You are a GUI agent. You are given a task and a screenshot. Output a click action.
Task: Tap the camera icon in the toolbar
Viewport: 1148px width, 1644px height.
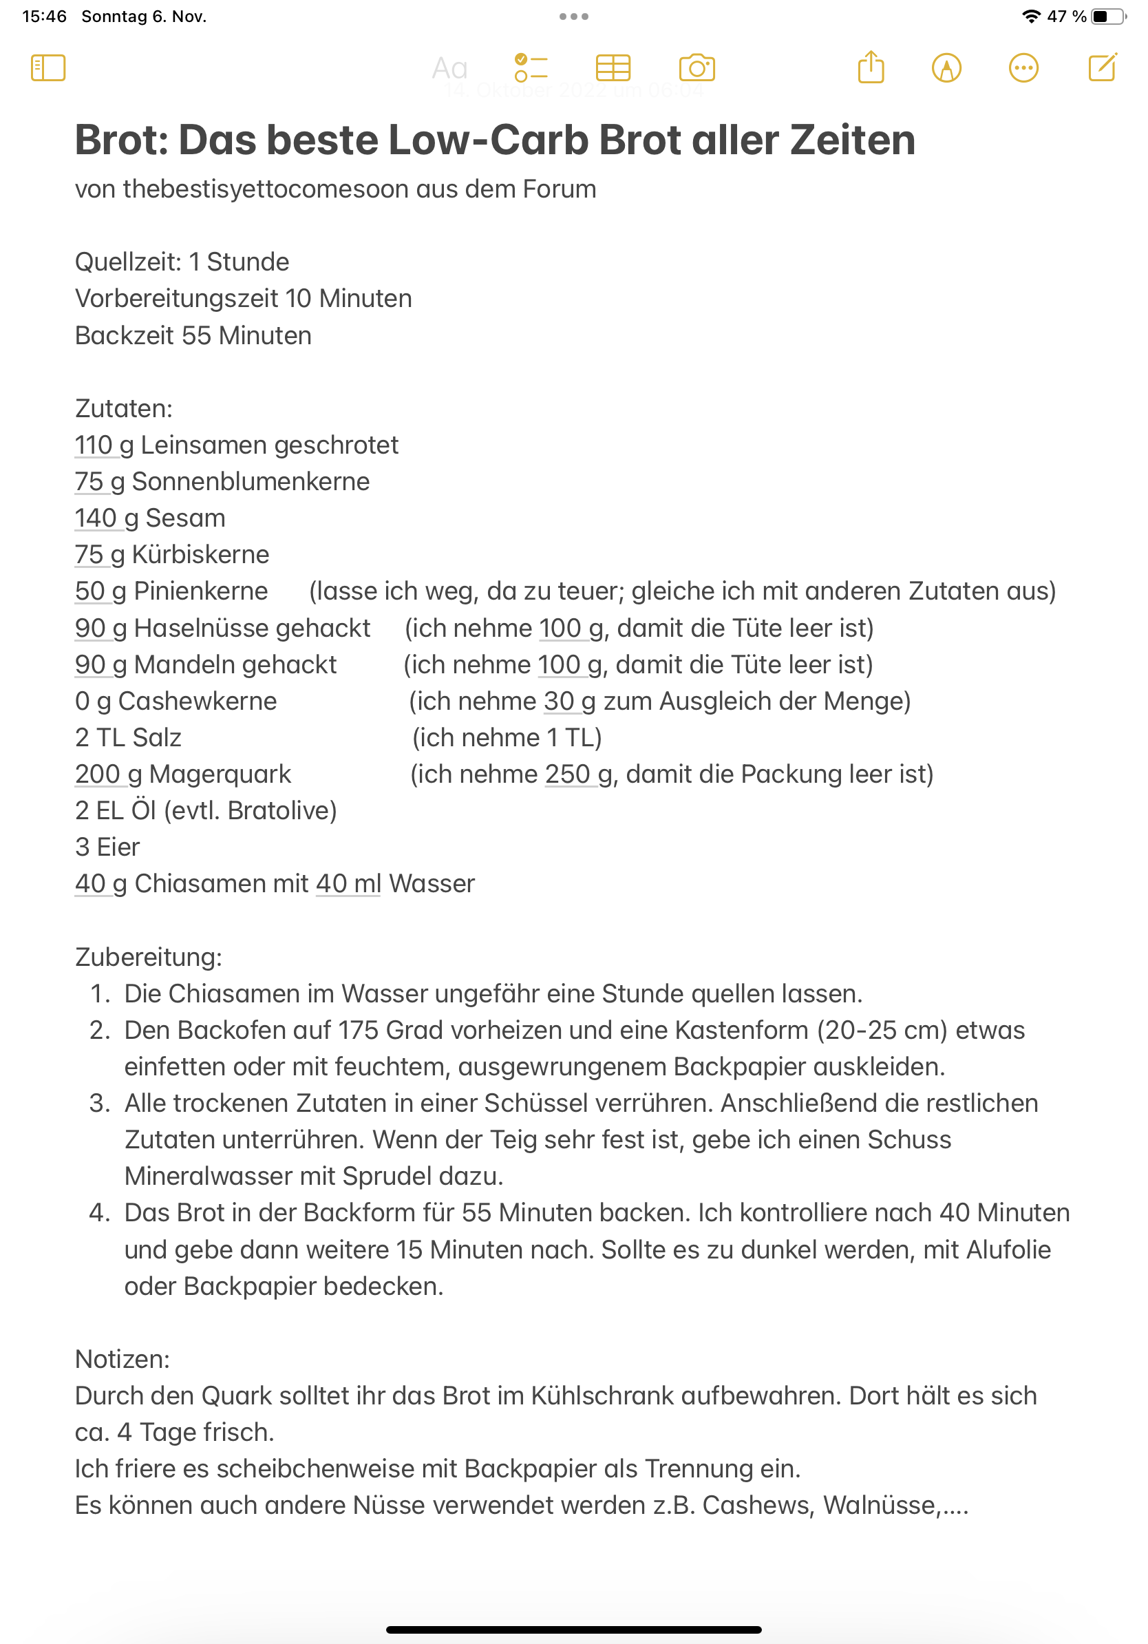(697, 68)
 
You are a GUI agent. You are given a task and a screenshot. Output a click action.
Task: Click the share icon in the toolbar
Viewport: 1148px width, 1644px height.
(871, 68)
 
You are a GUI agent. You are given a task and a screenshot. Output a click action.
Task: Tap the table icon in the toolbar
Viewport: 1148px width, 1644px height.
(613, 68)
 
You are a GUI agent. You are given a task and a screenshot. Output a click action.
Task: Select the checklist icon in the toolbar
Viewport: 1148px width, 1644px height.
(531, 68)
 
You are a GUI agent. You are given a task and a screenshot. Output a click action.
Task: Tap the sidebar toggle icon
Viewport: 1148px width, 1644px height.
(48, 68)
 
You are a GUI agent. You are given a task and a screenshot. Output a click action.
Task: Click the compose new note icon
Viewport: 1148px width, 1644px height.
(1102, 68)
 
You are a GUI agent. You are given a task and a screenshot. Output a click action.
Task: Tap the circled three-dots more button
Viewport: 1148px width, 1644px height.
(1023, 68)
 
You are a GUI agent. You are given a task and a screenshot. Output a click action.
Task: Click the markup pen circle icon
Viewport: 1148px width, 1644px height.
(946, 68)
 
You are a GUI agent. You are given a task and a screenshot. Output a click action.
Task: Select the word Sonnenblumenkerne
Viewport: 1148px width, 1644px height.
(251, 482)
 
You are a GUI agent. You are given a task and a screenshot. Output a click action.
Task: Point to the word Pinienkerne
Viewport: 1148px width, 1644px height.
(200, 591)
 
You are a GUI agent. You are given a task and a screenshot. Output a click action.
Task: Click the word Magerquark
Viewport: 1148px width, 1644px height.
(220, 774)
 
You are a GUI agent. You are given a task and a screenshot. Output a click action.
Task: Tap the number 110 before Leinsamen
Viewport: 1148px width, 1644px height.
(93, 445)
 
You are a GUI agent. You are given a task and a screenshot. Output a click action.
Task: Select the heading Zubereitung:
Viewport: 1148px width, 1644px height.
(148, 958)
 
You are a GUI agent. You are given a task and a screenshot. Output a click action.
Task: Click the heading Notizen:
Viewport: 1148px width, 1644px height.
(123, 1359)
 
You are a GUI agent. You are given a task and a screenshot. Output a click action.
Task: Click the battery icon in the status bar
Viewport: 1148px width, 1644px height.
(1107, 17)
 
